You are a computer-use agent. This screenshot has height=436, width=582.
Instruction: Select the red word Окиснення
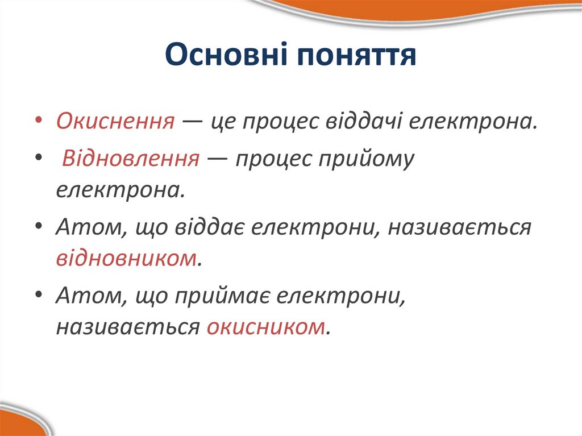(115, 121)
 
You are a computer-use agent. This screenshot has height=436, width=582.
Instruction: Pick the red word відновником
(127, 259)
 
